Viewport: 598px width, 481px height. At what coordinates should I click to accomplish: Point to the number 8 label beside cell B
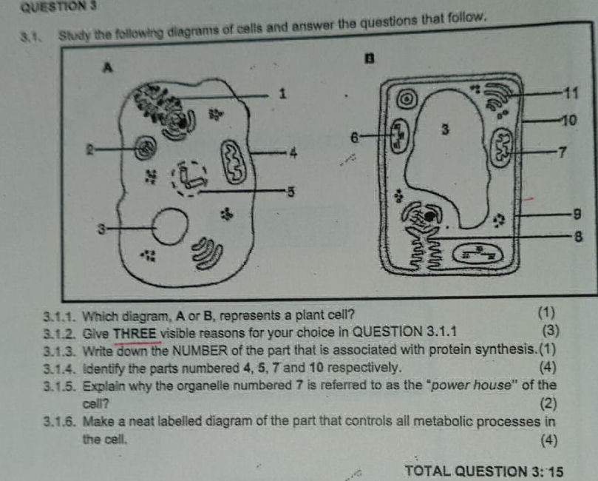click(x=568, y=238)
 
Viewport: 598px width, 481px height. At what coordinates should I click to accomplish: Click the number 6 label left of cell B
click(x=354, y=138)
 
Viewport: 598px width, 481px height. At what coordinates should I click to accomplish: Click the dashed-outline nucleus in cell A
click(x=192, y=178)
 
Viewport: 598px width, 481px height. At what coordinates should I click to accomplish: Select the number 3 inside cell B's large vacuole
click(x=445, y=129)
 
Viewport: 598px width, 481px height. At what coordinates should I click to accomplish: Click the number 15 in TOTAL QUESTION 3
click(x=553, y=471)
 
